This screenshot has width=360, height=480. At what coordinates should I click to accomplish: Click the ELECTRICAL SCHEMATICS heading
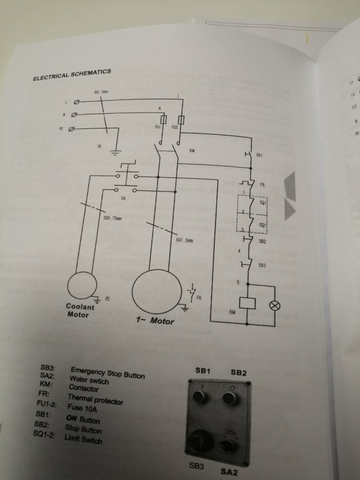[72, 75]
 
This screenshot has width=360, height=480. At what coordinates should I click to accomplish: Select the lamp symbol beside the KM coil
[276, 305]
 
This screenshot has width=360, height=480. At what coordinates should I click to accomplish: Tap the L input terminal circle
[76, 102]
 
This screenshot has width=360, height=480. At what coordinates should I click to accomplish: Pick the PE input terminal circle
[72, 129]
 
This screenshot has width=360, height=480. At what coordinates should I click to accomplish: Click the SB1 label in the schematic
[259, 156]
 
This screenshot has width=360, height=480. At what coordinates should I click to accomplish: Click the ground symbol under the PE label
[115, 153]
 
